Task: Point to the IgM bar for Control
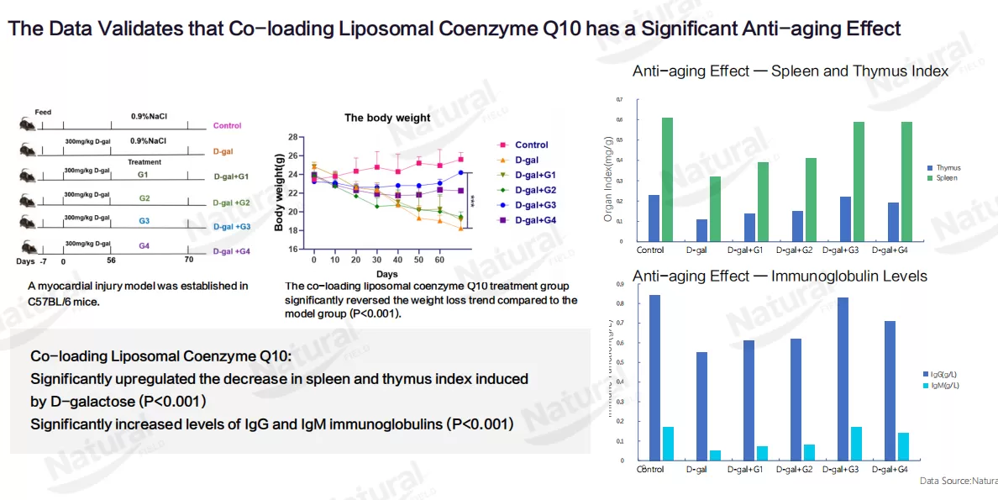pos(668,443)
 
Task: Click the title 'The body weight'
pos(387,118)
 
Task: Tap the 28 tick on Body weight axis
pos(293,137)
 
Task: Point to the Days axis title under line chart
pos(387,274)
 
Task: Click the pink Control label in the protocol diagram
pos(227,126)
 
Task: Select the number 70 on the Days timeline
pos(188,261)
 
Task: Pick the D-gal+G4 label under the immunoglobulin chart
pos(890,469)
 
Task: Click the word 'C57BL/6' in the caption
pos(51,300)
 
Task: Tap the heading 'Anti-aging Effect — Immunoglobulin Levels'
pos(780,276)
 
